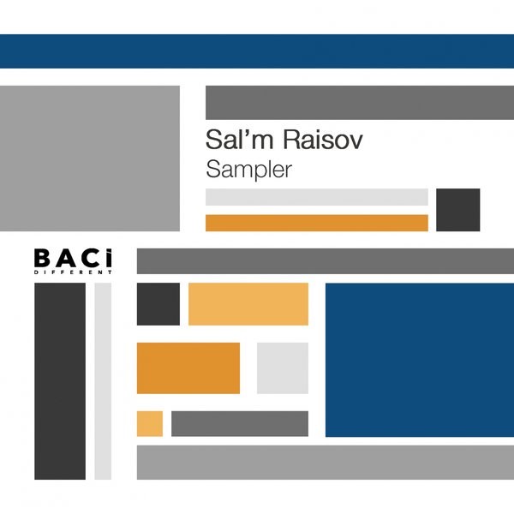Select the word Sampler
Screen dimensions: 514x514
point(249,169)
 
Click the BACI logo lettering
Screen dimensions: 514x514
point(73,257)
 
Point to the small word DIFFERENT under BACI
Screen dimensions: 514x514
point(73,272)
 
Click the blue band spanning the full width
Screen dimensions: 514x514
point(257,51)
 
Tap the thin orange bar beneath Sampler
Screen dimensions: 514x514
point(317,223)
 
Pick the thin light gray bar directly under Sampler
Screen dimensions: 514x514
point(317,197)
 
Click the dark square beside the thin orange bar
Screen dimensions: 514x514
point(458,210)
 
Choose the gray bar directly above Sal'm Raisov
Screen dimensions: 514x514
point(360,103)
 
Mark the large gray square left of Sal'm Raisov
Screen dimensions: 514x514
point(90,158)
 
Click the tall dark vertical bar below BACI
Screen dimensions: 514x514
point(60,381)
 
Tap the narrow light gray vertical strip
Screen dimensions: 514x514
point(103,381)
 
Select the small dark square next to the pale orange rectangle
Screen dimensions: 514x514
point(158,304)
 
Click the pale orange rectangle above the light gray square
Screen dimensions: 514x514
point(248,304)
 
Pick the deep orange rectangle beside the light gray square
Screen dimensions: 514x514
point(188,368)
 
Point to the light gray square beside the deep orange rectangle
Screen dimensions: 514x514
point(283,368)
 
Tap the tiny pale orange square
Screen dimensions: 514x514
point(150,423)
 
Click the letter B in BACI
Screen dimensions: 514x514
point(42,257)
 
